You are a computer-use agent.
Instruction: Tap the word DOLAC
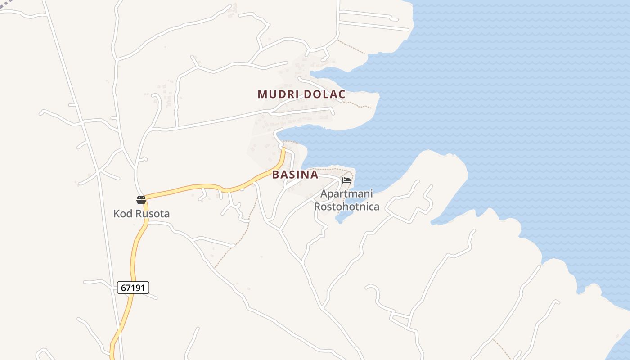click(x=324, y=94)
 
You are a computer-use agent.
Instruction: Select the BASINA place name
click(x=295, y=175)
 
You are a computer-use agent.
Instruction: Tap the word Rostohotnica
click(x=346, y=207)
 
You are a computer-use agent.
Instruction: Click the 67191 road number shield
click(x=133, y=288)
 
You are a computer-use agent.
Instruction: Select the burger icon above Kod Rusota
click(x=141, y=200)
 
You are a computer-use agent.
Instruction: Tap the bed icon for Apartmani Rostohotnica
click(x=346, y=180)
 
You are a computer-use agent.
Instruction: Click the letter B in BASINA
click(x=276, y=175)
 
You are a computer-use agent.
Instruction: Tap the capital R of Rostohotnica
click(x=317, y=207)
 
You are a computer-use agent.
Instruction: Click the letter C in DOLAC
click(x=342, y=94)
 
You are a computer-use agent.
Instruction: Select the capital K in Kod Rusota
click(x=117, y=213)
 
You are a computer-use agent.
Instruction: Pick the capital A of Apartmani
click(x=324, y=194)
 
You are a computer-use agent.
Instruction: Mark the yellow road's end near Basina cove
click(x=283, y=150)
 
